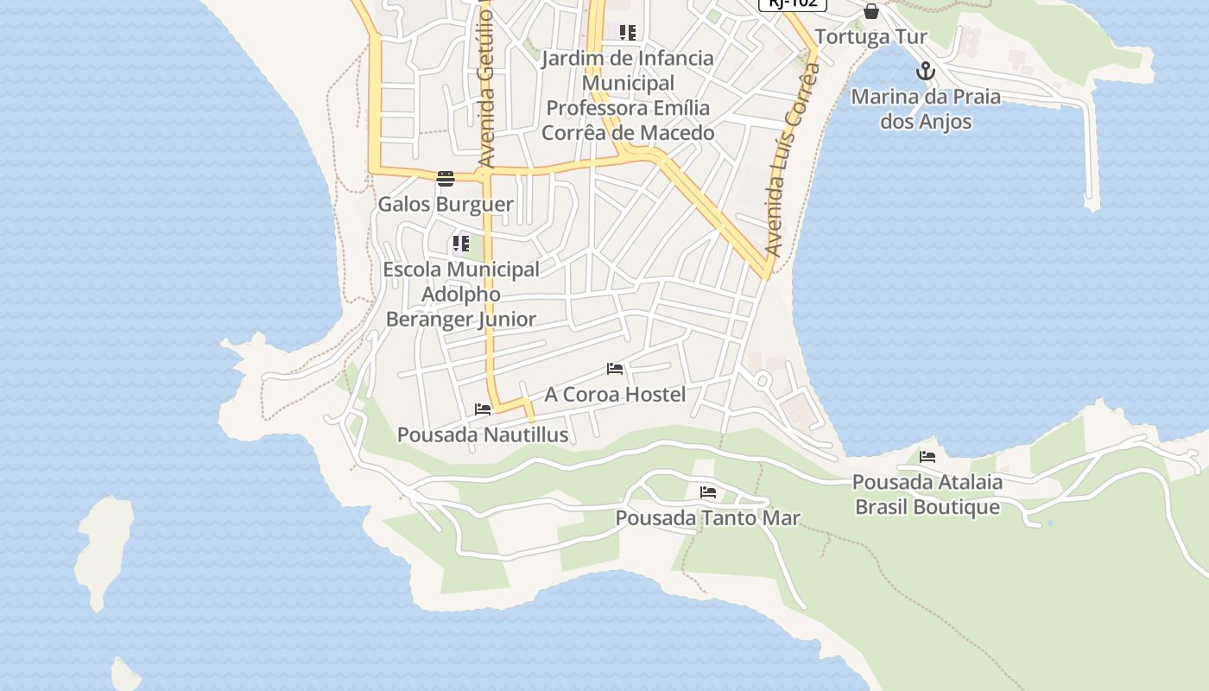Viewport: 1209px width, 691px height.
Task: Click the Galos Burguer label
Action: pos(446,205)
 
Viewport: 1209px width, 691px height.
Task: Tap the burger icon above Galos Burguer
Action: pos(446,179)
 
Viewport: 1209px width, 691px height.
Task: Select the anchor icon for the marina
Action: pos(926,71)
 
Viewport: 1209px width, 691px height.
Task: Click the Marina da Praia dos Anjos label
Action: pos(926,109)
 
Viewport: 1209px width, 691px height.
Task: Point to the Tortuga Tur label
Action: pos(870,37)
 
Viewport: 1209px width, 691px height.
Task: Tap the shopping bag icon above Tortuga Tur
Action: pos(871,11)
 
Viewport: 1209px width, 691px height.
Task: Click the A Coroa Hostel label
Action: pos(615,395)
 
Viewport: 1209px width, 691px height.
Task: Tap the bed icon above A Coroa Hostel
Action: pos(615,369)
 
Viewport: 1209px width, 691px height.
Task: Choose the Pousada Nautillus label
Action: pos(483,434)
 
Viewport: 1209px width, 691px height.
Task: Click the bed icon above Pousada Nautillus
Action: pos(483,409)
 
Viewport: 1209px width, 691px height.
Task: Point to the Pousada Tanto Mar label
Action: pos(707,518)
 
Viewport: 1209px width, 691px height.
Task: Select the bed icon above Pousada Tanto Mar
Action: pos(708,492)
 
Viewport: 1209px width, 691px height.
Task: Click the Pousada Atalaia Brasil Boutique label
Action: pos(927,494)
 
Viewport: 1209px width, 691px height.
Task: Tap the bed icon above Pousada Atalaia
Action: pos(927,457)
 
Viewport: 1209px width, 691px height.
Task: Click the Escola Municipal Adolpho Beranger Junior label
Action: pos(461,294)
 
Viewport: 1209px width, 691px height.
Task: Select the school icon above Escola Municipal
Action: pos(461,244)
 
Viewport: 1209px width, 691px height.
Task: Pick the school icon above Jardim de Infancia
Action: pos(628,33)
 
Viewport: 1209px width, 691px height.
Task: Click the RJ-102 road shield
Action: pos(793,3)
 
